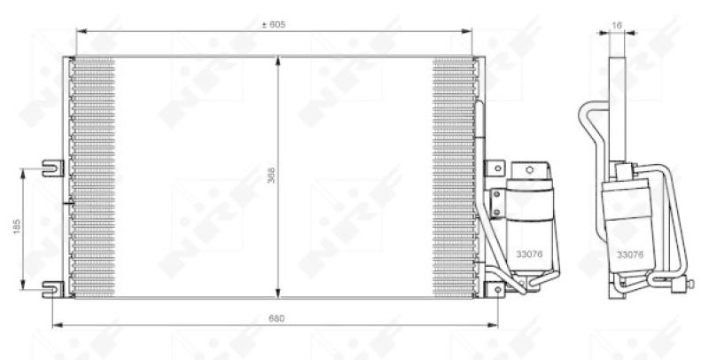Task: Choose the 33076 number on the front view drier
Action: [530, 254]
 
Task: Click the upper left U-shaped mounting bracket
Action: [52, 164]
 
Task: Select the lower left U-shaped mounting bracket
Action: [52, 286]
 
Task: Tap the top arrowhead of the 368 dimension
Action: [279, 61]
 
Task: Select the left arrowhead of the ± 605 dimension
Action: [80, 33]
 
